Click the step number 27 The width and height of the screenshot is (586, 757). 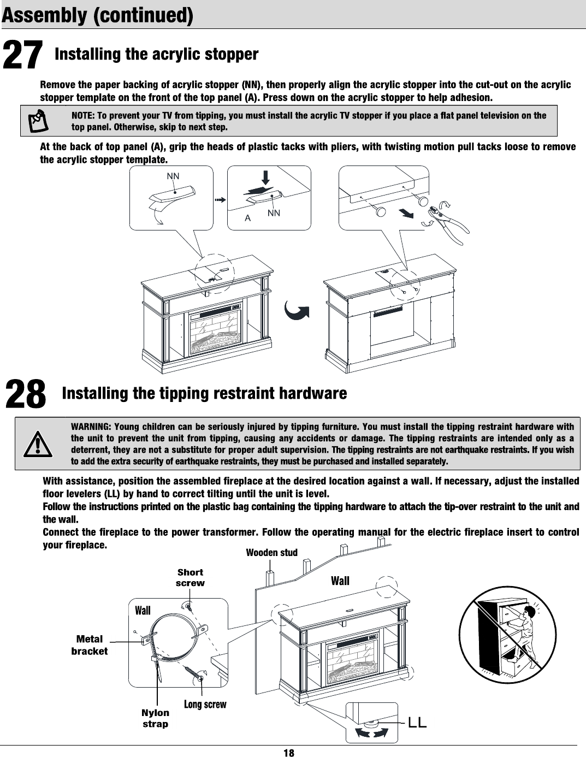tap(23, 56)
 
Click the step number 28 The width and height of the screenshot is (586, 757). tap(26, 395)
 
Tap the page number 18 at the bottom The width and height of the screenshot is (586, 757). tap(289, 753)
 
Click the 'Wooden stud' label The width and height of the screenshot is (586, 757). tap(271, 552)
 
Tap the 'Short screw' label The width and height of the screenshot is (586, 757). tap(190, 577)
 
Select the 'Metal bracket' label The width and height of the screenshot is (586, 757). tap(90, 644)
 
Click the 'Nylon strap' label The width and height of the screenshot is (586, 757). tap(155, 718)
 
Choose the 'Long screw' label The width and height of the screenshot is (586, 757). tap(205, 704)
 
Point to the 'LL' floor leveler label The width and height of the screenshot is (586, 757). tap(417, 723)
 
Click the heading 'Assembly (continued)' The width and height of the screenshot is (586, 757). tap(97, 15)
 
